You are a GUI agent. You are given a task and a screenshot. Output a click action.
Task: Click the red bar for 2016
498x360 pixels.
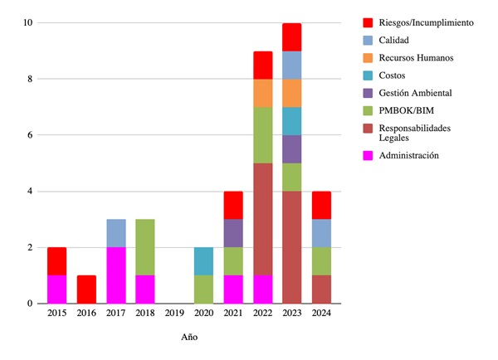(85, 289)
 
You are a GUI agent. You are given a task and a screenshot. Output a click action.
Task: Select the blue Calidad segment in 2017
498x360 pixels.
(115, 233)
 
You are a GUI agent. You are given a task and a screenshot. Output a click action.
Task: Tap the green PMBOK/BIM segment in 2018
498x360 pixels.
(144, 247)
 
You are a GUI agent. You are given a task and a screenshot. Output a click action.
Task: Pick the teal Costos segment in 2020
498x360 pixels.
(203, 261)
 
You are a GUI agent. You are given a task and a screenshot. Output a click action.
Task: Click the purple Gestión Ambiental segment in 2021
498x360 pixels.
(232, 233)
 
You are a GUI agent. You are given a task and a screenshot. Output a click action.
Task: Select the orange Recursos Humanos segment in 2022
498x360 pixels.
(262, 93)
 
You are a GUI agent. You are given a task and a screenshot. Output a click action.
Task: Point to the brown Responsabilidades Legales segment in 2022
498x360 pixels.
(262, 219)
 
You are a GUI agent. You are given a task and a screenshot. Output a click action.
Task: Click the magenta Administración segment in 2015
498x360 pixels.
(56, 289)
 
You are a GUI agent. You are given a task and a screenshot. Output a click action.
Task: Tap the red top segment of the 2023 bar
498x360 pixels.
(291, 37)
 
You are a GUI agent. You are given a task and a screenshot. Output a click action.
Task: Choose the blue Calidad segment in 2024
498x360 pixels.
(320, 233)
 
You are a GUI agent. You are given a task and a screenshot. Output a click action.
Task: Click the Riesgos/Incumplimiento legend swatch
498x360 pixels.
(369, 22)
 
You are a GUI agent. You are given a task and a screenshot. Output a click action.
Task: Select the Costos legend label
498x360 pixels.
(394, 75)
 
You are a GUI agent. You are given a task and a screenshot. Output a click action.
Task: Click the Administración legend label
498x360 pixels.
(408, 155)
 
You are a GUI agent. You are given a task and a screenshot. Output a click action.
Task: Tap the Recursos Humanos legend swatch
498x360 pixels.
(369, 58)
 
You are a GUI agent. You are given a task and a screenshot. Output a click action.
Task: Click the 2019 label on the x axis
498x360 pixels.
(173, 314)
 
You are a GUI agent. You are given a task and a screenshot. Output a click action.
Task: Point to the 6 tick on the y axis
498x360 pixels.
(30, 135)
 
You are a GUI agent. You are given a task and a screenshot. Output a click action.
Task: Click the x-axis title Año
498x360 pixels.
(189, 338)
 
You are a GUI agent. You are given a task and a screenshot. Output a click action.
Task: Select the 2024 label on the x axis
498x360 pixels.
(320, 314)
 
